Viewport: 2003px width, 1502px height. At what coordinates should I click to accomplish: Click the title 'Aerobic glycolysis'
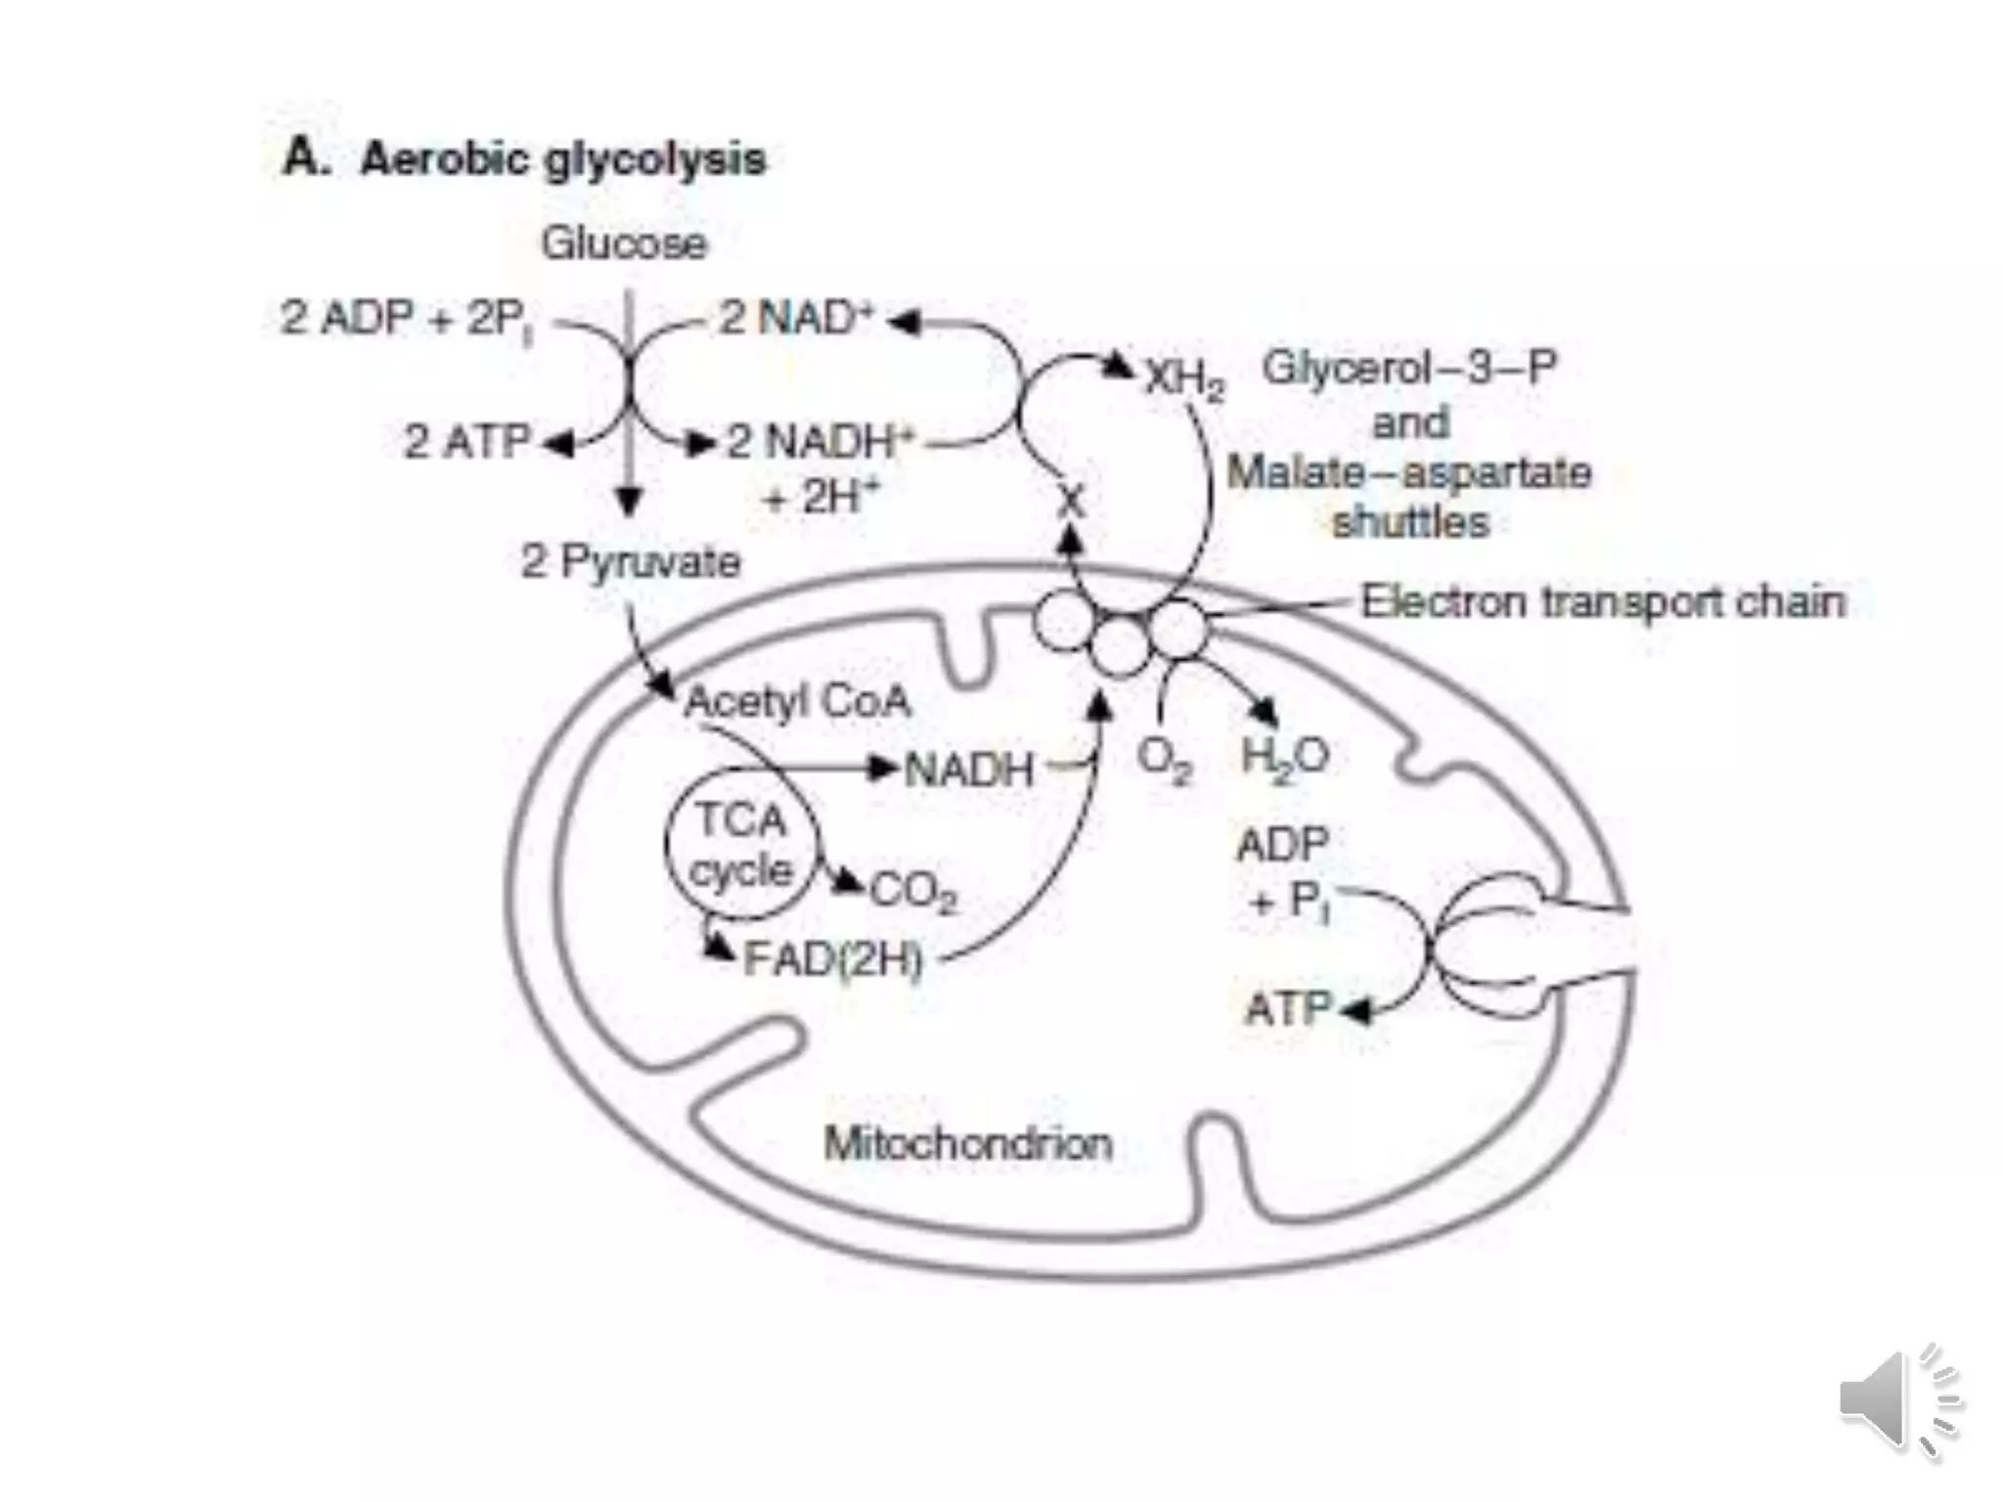tap(562, 159)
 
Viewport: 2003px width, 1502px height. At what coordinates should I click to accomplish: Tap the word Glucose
tap(624, 243)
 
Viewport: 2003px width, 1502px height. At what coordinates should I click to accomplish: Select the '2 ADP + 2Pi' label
tap(407, 319)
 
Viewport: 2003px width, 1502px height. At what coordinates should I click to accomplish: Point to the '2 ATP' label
tap(467, 442)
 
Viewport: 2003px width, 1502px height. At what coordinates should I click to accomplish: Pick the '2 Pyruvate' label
tap(631, 562)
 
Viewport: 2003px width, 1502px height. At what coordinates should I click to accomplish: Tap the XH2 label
tap(1184, 377)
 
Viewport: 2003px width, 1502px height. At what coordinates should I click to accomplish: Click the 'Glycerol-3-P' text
tap(1409, 369)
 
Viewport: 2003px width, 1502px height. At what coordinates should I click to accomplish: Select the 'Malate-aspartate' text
tap(1409, 473)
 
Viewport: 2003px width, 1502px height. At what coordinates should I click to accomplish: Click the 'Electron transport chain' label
tap(1603, 602)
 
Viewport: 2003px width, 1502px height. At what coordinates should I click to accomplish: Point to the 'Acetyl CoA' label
tap(797, 702)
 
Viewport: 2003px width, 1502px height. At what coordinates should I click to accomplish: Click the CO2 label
tap(913, 892)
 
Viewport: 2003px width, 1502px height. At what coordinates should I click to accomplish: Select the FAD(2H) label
tap(833, 959)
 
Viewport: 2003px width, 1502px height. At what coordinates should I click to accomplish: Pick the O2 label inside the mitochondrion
tap(1165, 760)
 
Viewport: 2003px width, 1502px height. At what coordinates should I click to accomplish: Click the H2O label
tap(1284, 756)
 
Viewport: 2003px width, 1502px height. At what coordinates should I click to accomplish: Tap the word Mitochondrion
tap(968, 1143)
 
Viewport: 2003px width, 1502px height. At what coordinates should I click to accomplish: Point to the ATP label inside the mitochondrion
tap(1288, 1008)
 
